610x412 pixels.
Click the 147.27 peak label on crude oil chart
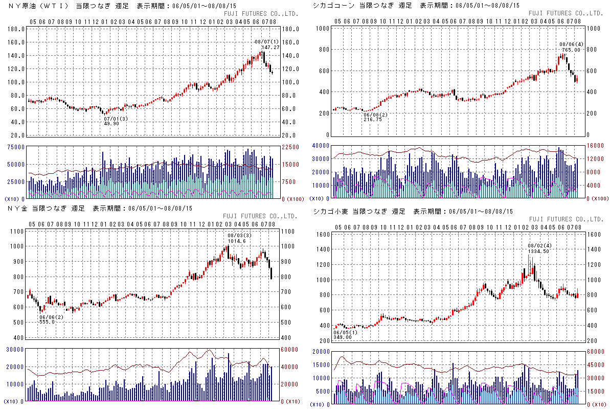pyautogui.click(x=267, y=47)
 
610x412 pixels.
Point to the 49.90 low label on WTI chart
pyautogui.click(x=111, y=123)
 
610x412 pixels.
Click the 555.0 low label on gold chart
pyautogui.click(x=47, y=322)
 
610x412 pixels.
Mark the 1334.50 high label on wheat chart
pyautogui.click(x=539, y=251)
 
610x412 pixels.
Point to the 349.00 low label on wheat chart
pyautogui.click(x=343, y=337)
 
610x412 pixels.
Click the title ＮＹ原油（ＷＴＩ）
pyautogui.click(x=38, y=6)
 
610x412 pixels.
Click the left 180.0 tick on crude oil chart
pyautogui.click(x=17, y=29)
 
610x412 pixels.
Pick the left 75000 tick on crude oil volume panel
pyautogui.click(x=15, y=147)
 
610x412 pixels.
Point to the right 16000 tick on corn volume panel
pyautogui.click(x=595, y=145)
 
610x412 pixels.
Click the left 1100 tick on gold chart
pyautogui.click(x=16, y=232)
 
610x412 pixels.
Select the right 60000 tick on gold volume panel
pyautogui.click(x=289, y=350)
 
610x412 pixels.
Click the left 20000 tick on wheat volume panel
pyautogui.click(x=320, y=352)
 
